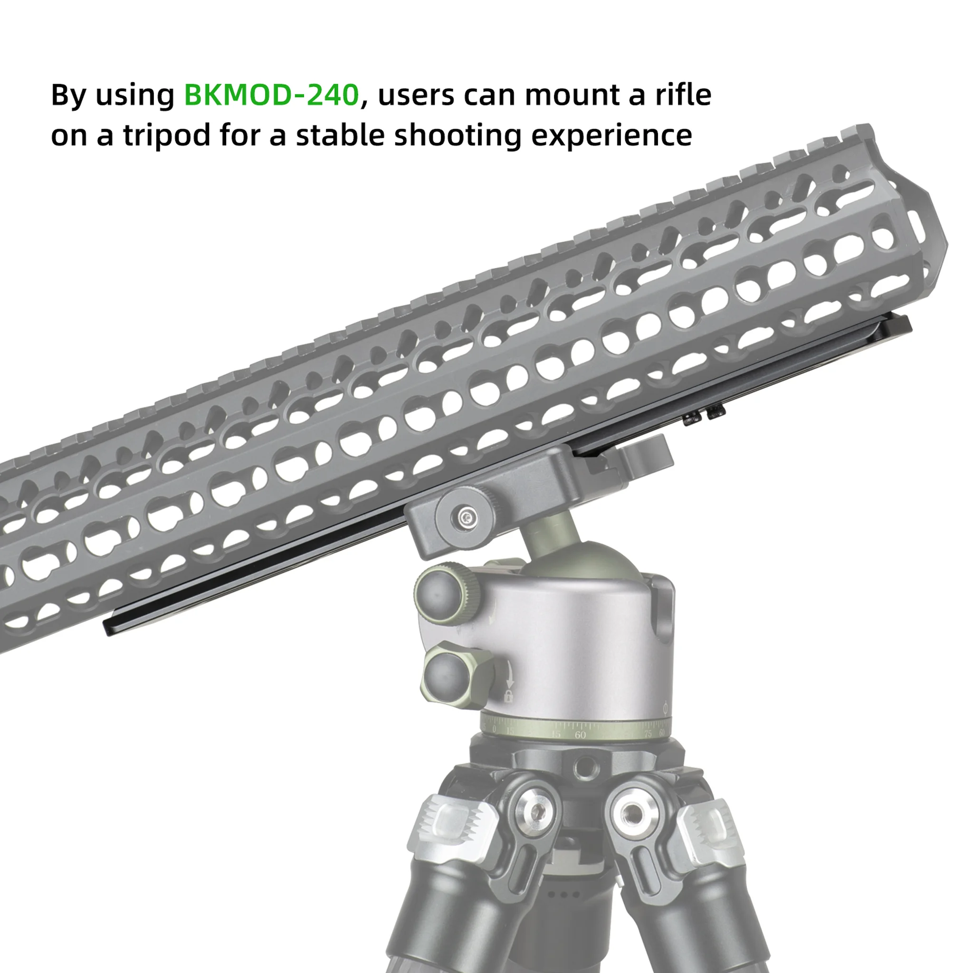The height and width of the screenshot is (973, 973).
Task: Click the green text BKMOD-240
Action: (x=271, y=95)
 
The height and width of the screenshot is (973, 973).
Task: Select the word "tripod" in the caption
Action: (x=166, y=136)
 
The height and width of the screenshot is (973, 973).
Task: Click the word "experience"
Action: (x=611, y=136)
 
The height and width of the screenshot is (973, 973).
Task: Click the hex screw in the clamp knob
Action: (x=467, y=515)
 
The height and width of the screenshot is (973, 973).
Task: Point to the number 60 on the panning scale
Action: (x=580, y=735)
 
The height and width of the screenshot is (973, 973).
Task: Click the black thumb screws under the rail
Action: (x=705, y=414)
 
